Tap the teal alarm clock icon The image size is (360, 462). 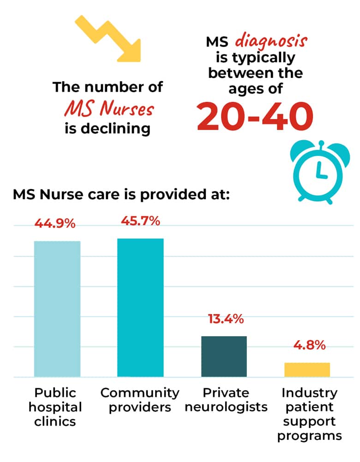pos(320,172)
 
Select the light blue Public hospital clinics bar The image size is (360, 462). pos(57,309)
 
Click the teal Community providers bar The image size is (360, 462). pos(140,308)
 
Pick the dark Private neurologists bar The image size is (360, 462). pos(224,356)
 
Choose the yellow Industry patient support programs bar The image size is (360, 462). pos(307,370)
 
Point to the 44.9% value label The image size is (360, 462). pos(55,224)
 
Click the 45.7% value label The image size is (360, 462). pos(140,221)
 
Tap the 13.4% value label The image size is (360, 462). pos(226,319)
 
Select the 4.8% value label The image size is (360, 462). pos(309,345)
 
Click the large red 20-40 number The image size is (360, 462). pos(255,116)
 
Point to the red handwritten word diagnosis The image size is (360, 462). pos(271,41)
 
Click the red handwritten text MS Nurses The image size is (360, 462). pos(109,108)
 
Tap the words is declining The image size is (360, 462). pos(108,129)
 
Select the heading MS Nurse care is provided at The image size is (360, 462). pos(121,195)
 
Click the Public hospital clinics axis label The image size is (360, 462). pos(55,407)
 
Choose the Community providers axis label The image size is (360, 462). pos(140,400)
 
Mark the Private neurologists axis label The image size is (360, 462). pos(226,400)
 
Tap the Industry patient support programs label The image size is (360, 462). pos(309,414)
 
